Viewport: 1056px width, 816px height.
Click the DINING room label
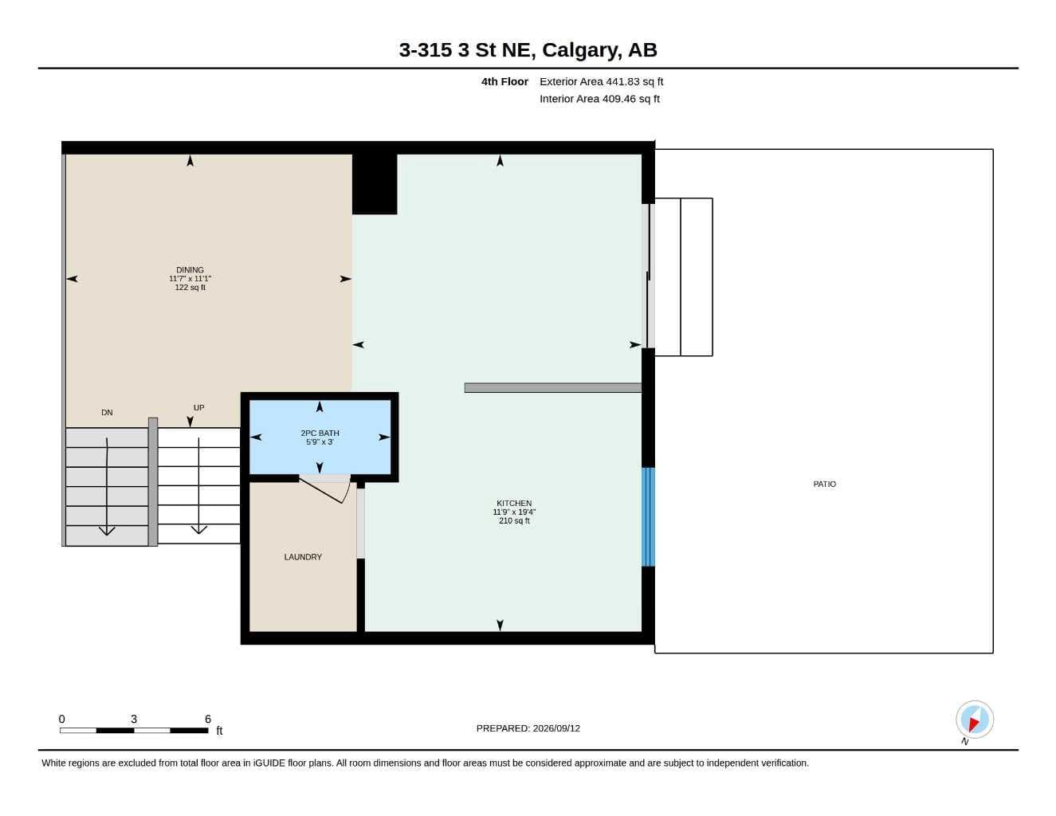click(x=190, y=269)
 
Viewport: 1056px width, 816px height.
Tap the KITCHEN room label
click(x=514, y=503)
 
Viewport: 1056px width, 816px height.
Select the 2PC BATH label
click(x=320, y=433)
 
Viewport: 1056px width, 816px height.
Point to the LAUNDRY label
click(x=303, y=557)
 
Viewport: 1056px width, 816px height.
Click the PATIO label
click(x=824, y=484)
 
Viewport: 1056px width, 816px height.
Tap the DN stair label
click(x=107, y=412)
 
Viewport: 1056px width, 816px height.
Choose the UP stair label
click(x=198, y=407)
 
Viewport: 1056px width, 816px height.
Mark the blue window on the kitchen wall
click(x=648, y=517)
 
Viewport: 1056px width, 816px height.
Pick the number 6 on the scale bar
click(x=207, y=719)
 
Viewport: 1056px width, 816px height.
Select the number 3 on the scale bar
click(x=134, y=719)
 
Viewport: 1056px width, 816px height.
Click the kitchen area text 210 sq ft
click(x=514, y=520)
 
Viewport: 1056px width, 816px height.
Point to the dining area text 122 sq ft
click(x=190, y=287)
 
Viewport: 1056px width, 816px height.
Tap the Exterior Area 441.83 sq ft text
click(x=601, y=81)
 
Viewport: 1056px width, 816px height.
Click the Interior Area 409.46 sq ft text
click(x=599, y=99)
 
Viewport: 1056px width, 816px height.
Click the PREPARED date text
click(x=528, y=728)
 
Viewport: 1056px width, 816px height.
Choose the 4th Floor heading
click(x=504, y=81)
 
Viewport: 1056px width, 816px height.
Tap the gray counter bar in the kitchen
click(x=552, y=387)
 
